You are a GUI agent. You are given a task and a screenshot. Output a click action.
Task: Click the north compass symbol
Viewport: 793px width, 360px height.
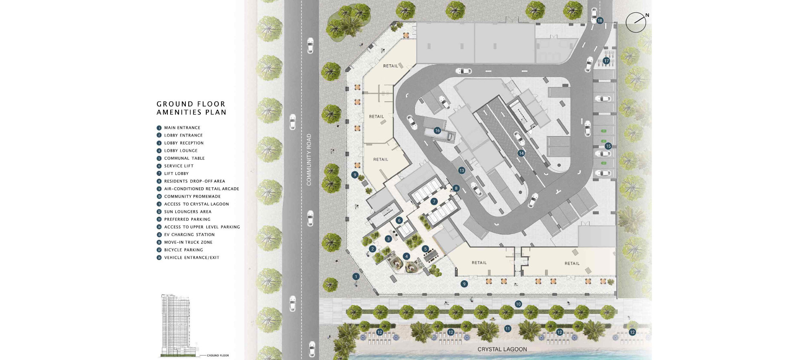pos(636,22)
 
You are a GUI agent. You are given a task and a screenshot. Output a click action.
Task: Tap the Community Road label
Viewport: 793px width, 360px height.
pos(309,160)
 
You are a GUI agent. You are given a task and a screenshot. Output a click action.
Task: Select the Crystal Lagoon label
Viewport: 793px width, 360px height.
pos(502,349)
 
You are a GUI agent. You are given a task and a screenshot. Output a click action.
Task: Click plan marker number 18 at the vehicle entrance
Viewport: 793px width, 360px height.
pos(600,21)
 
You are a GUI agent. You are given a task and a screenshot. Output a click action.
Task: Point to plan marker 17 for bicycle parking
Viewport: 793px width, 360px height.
pos(606,61)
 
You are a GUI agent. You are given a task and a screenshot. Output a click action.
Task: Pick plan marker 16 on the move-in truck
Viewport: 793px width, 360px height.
pos(437,131)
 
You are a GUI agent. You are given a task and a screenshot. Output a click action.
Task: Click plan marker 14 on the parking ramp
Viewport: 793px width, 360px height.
pos(521,153)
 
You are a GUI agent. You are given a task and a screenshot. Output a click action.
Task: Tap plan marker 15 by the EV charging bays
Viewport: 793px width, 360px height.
pos(608,146)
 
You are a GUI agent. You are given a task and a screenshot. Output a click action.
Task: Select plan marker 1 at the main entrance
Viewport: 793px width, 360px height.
pos(356,276)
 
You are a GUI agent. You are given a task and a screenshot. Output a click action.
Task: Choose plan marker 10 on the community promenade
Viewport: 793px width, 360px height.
pos(518,304)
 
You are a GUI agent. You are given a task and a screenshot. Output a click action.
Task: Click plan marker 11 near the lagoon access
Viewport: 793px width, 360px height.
pos(507,329)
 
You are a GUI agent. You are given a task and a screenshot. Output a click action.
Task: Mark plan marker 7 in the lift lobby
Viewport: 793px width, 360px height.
pos(434,201)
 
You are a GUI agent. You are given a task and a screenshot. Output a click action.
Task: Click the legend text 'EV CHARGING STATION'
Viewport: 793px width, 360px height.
pos(189,235)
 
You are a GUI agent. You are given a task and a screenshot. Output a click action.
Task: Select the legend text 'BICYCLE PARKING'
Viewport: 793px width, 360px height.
pos(183,250)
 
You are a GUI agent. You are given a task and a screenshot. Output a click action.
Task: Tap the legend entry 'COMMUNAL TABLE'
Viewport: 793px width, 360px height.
pos(184,158)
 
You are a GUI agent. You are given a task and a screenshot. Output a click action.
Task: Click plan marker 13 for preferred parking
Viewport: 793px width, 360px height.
pos(462,171)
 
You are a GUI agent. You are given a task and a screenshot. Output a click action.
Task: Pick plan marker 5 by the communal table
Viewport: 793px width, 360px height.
pos(425,249)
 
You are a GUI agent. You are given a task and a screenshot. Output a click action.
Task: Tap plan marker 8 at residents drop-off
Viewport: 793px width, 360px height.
pos(456,188)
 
